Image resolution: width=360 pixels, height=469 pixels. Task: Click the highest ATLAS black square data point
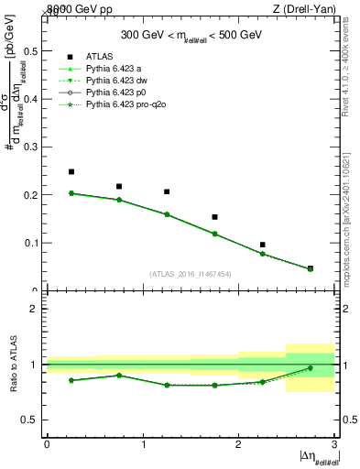(x=71, y=171)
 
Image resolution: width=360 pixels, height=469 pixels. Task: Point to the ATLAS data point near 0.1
(x=263, y=245)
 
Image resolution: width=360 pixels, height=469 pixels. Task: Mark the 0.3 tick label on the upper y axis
(x=31, y=147)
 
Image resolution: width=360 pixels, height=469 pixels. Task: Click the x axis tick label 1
(x=143, y=444)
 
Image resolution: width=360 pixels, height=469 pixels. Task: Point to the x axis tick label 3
(x=334, y=444)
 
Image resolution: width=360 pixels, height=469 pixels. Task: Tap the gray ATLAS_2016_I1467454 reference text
(x=191, y=273)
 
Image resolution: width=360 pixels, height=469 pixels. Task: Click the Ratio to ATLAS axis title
(x=14, y=365)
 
